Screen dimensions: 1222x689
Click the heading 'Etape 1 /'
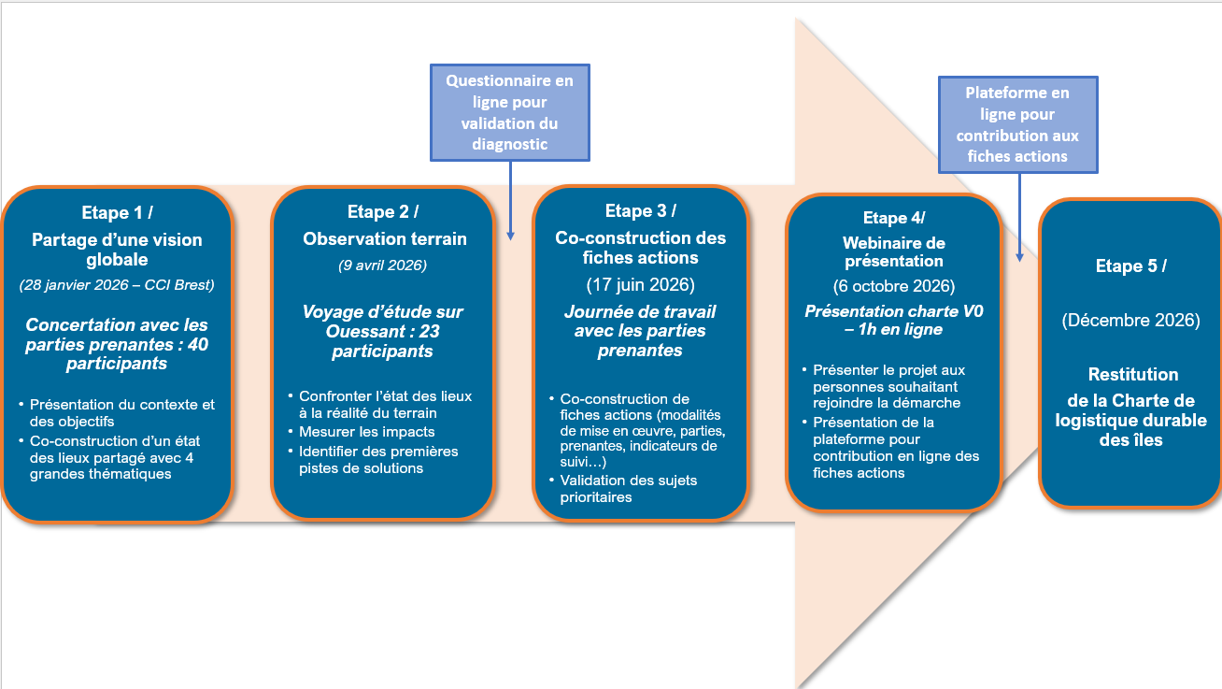pos(117,212)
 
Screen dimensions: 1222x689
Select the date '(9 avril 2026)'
pos(382,266)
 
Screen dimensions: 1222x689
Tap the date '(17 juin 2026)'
pos(641,285)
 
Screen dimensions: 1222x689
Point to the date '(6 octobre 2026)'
pos(893,286)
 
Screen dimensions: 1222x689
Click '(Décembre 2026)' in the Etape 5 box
pos(1130,320)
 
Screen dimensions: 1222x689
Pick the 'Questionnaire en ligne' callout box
pos(510,112)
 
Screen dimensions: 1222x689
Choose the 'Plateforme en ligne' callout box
pos(1018,124)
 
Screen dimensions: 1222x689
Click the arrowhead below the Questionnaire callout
pos(511,236)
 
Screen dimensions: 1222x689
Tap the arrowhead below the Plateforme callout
pos(1019,257)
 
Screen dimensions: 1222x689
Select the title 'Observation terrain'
pos(385,238)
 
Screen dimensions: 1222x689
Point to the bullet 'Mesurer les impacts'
pos(366,432)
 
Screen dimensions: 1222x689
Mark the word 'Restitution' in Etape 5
pos(1133,375)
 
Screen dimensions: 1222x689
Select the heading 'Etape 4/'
pos(893,218)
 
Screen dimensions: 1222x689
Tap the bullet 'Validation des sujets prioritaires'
pos(629,489)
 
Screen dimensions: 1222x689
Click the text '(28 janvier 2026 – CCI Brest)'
pos(117,285)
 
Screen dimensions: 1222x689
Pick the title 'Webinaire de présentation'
pos(893,251)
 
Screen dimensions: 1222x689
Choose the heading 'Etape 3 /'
pos(641,210)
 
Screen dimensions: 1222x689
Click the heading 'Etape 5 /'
pos(1130,266)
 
